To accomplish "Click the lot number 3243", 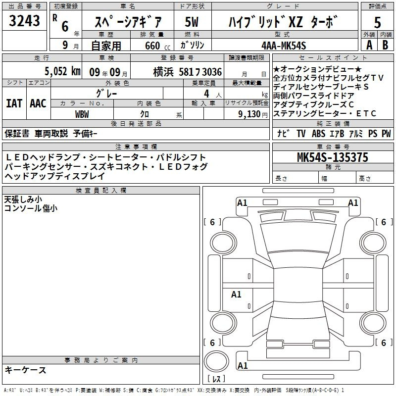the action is pos(24,21).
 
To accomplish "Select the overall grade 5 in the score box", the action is pos(377,22).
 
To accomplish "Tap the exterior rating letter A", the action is pos(369,45).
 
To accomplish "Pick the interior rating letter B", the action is pos(385,45).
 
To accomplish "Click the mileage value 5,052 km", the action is pos(62,71).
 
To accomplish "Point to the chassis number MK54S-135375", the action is pos(333,157).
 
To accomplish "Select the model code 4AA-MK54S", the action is pos(284,46).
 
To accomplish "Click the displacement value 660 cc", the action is pos(157,46).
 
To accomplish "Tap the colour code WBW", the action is pos(82,114).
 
